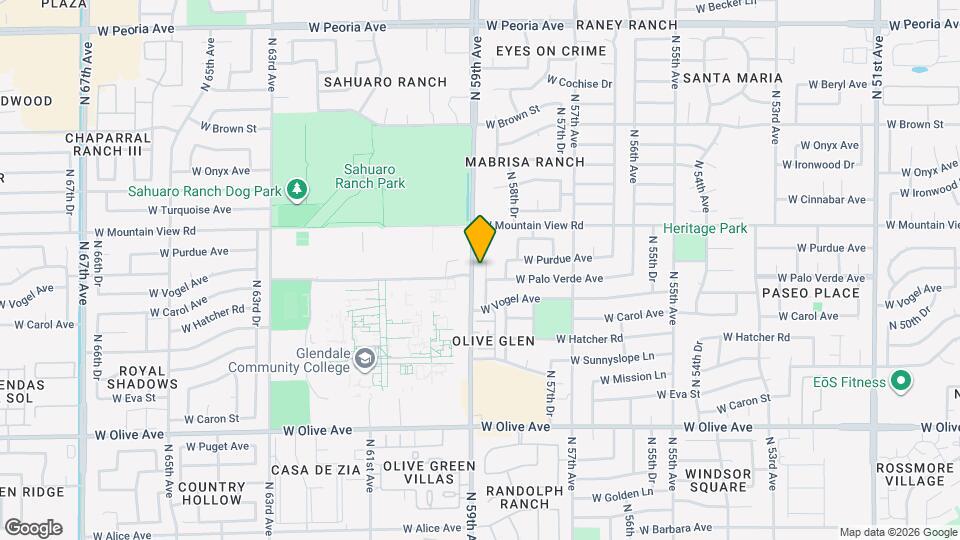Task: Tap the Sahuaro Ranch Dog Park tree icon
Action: (x=295, y=189)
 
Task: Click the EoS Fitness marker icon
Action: (x=900, y=381)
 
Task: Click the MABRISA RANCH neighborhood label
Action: (x=524, y=161)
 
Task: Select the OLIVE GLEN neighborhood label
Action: (x=493, y=341)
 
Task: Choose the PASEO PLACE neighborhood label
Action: (x=810, y=293)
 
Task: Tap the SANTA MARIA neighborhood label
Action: (x=732, y=78)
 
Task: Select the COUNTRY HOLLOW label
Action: (x=211, y=493)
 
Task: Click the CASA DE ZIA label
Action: (x=316, y=470)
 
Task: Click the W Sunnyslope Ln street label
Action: (x=612, y=358)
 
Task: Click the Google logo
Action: (x=33, y=528)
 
